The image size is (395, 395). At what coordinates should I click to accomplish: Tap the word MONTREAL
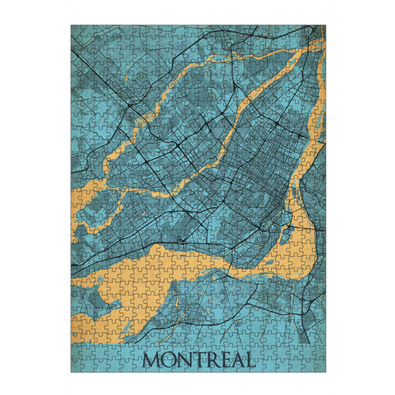pos(198,360)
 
